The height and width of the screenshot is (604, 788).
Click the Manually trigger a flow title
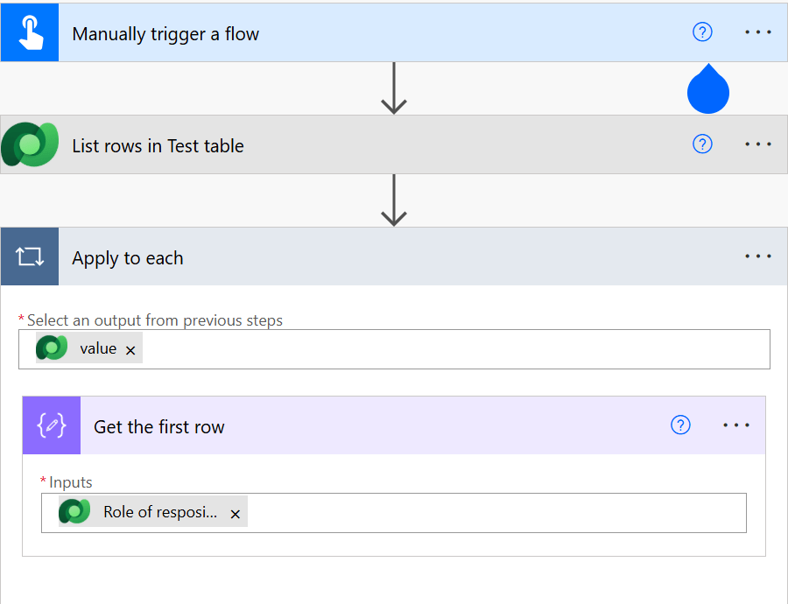165,34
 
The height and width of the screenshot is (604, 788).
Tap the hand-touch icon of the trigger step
30,32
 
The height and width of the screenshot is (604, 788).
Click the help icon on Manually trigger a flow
702,32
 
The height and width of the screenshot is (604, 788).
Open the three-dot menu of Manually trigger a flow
758,32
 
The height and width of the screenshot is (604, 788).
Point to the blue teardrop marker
708,91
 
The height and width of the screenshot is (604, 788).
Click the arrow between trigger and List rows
394,88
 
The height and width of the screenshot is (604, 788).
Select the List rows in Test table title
158,146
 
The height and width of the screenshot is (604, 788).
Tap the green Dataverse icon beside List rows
30,144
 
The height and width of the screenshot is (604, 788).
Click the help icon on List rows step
702,144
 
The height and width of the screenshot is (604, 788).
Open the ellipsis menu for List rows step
758,144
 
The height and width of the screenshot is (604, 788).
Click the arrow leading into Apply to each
394,200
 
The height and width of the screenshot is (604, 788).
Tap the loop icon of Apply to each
30,257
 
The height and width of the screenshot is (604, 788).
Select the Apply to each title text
128,258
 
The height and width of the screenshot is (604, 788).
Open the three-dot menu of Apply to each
758,256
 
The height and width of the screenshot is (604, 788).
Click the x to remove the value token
130,350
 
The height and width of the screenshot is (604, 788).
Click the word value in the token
98,348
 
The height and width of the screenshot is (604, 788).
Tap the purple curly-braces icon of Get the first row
52,425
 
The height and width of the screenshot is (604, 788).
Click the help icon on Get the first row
680,425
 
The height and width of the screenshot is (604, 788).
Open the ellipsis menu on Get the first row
736,425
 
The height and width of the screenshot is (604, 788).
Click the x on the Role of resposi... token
235,514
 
